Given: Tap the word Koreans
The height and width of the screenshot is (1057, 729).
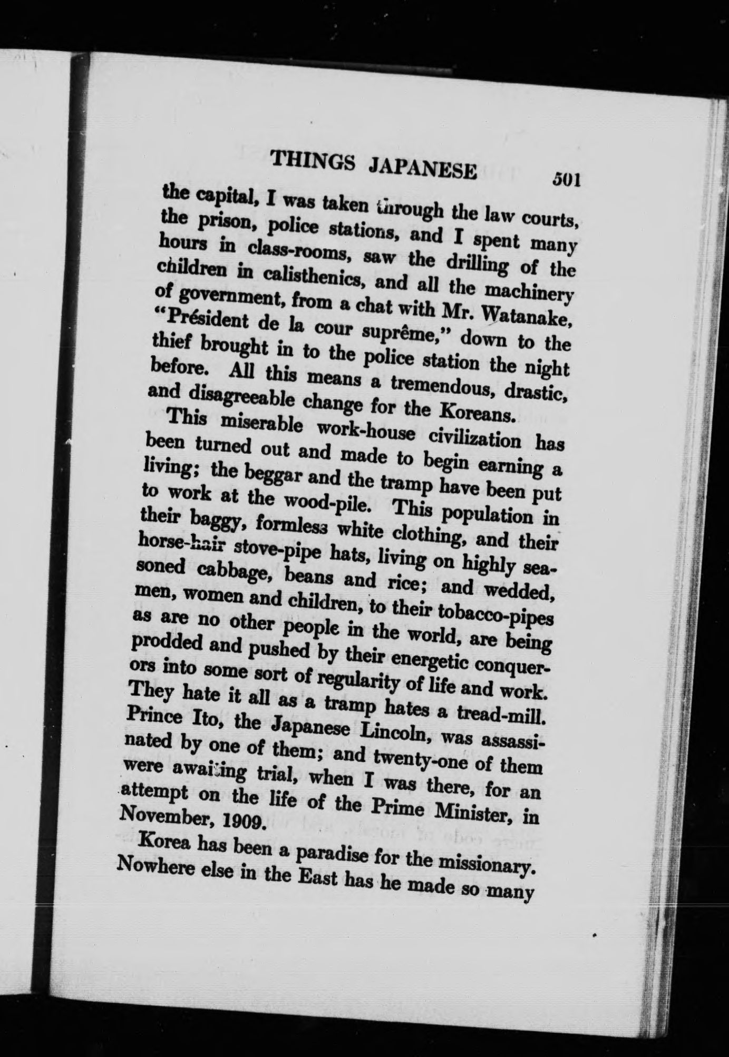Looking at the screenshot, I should point(478,412).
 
